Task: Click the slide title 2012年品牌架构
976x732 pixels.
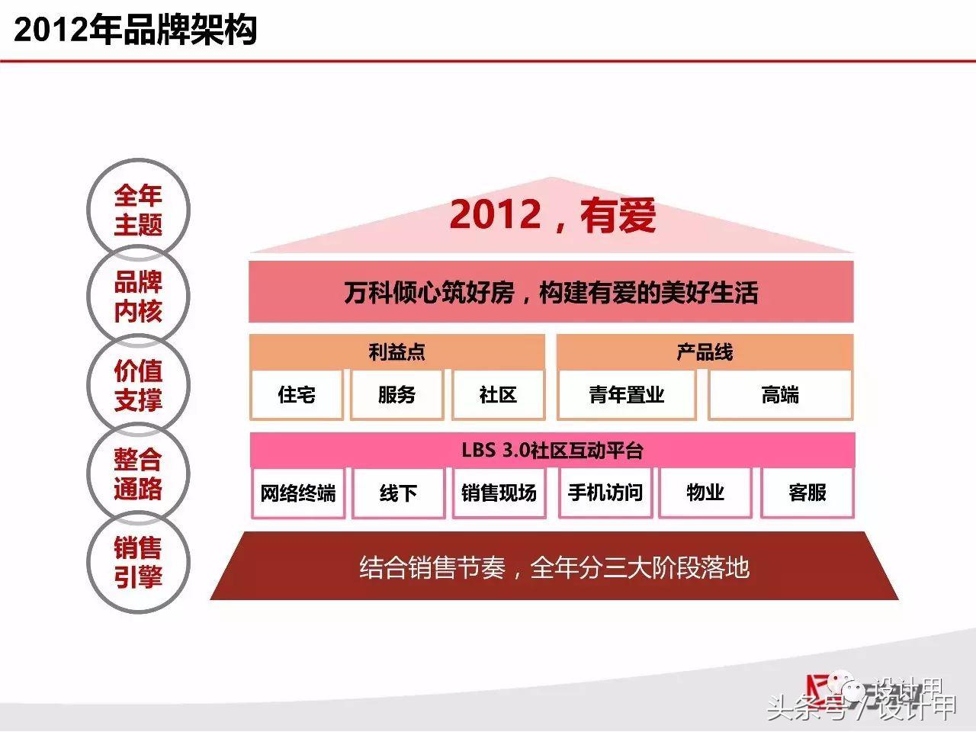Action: (x=135, y=30)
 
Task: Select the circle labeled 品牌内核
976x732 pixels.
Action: (x=138, y=297)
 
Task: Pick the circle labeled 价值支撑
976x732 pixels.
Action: (x=138, y=385)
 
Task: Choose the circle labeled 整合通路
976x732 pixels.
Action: (x=138, y=474)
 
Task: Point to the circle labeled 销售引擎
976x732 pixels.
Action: (x=138, y=562)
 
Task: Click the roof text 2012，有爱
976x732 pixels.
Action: (x=552, y=215)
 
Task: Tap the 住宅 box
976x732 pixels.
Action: (x=297, y=394)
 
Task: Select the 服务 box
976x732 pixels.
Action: (x=396, y=394)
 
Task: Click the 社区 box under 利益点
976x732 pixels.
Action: (x=498, y=394)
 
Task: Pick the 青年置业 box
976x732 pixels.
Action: (x=626, y=394)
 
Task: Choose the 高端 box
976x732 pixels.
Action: (x=780, y=394)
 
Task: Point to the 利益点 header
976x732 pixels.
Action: (x=396, y=352)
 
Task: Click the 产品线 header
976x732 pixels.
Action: (x=705, y=352)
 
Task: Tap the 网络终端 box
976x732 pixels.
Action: (x=297, y=493)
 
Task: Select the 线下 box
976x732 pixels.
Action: (x=398, y=493)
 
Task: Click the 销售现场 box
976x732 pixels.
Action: (x=499, y=493)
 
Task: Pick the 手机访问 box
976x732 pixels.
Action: (x=605, y=493)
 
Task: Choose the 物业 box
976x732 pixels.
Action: (x=705, y=493)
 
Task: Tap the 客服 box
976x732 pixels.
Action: (x=807, y=493)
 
